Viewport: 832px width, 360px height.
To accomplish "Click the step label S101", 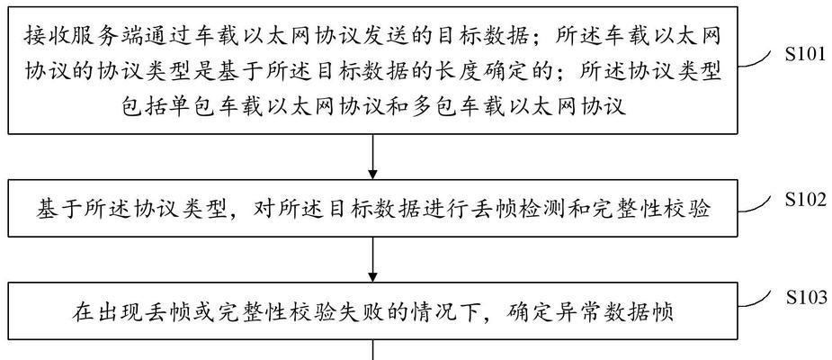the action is click(805, 55).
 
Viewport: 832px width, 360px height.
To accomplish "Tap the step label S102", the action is click(805, 200).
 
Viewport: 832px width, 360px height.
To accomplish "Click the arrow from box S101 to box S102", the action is click(372, 157).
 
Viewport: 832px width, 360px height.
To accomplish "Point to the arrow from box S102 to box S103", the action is click(372, 259).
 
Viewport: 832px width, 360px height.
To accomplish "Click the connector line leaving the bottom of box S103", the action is click(372, 350).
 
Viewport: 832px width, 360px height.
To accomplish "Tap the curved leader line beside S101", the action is click(756, 60).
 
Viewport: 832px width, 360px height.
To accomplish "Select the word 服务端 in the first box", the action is click(94, 37).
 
